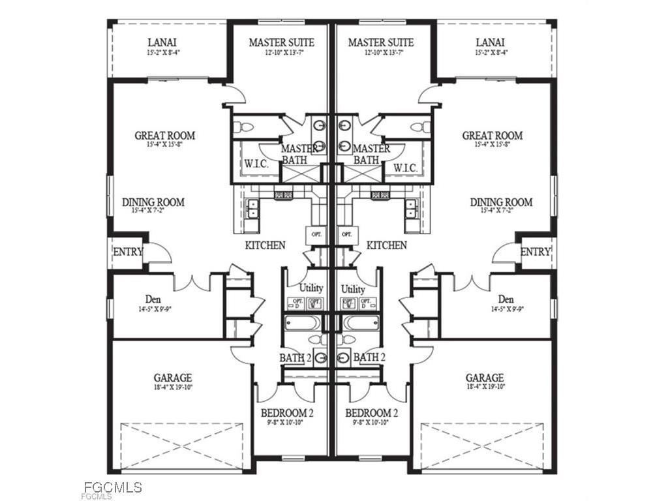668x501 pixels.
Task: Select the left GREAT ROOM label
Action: tap(165, 136)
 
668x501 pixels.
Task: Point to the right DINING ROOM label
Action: tap(501, 202)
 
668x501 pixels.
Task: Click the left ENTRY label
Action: tap(128, 252)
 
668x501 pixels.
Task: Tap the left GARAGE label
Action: tap(173, 378)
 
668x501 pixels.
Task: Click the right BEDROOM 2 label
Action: tap(371, 413)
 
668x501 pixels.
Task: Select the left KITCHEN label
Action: tap(265, 246)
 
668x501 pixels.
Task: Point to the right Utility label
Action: tap(354, 288)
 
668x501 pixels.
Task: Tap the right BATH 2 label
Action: tap(369, 357)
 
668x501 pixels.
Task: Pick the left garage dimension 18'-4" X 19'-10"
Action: tap(173, 387)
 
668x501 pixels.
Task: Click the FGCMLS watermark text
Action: tap(113, 487)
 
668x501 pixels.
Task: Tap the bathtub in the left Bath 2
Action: tap(303, 322)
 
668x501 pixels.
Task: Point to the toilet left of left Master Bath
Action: tap(247, 127)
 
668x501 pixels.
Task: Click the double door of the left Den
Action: tap(192, 283)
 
